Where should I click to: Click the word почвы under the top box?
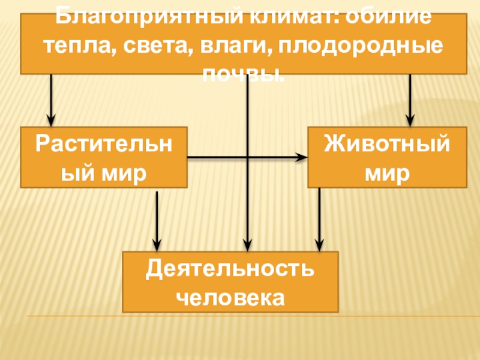pyautogui.click(x=243, y=74)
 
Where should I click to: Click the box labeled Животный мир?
pyautogui.click(x=387, y=157)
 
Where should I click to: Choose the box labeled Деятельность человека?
pyautogui.click(x=230, y=281)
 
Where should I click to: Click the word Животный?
pyautogui.click(x=387, y=144)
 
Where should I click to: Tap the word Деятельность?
pyautogui.click(x=230, y=268)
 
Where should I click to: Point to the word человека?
pyautogui.click(x=230, y=296)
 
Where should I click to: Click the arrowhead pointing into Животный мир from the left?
pyautogui.click(x=302, y=158)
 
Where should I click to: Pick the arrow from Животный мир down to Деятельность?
pyautogui.click(x=319, y=219)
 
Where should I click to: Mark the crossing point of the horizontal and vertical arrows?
pyautogui.click(x=247, y=158)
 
